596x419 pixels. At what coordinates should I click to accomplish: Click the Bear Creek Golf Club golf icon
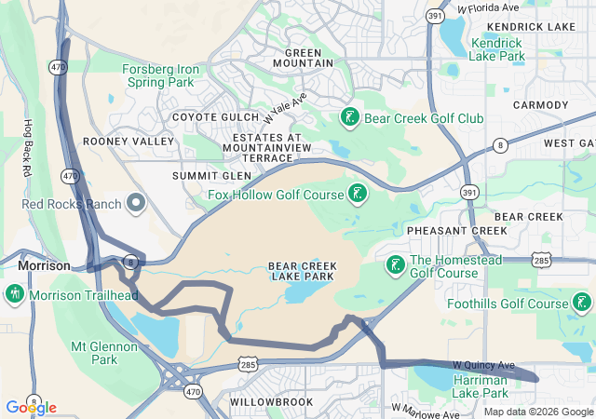pos(349,118)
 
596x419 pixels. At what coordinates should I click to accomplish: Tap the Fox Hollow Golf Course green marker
pos(356,194)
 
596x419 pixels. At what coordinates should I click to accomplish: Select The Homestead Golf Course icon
pos(395,265)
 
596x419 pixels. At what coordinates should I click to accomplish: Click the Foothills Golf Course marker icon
pos(582,303)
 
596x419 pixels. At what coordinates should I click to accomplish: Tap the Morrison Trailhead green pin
pos(14,295)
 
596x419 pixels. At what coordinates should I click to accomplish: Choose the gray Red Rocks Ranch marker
pos(136,203)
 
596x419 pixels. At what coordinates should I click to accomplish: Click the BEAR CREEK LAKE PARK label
pos(303,271)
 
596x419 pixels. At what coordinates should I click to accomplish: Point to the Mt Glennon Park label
pos(106,352)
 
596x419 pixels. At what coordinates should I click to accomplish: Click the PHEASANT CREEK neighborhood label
pos(443,230)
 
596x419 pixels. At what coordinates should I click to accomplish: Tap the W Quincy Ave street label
pos(483,364)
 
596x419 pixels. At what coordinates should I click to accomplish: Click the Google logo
pos(30,407)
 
